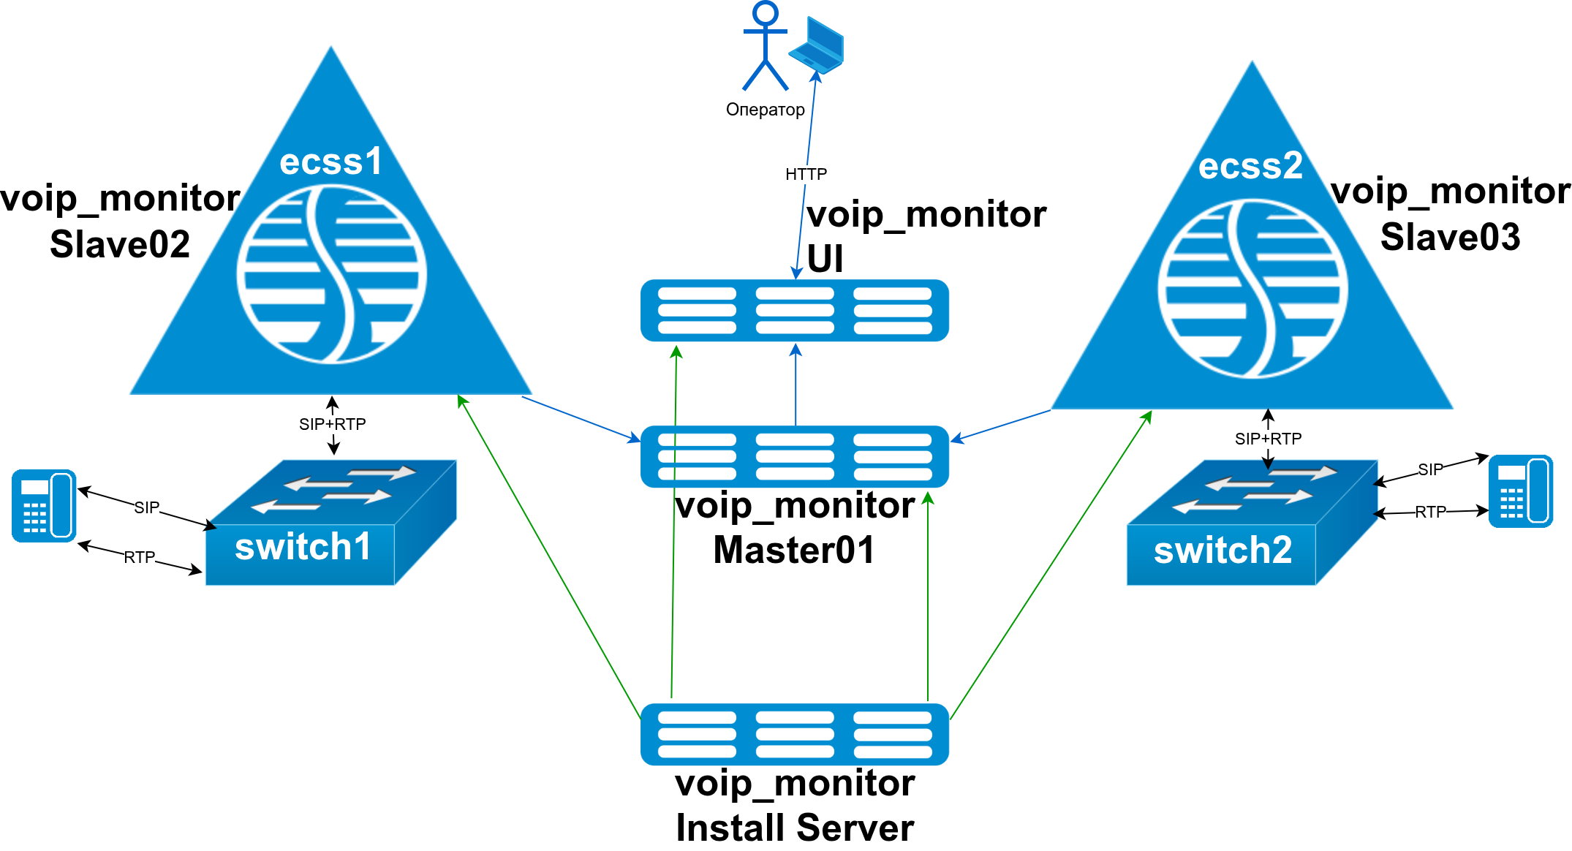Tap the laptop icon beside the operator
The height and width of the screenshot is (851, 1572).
pyautogui.click(x=817, y=45)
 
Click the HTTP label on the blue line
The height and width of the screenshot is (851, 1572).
pyautogui.click(x=806, y=174)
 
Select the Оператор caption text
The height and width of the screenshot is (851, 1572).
pyautogui.click(x=765, y=110)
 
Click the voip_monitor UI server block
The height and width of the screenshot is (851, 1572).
pyautogui.click(x=794, y=311)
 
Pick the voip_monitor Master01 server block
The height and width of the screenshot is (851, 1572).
pyautogui.click(x=794, y=456)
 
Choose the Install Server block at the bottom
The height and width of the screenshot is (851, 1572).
pyautogui.click(x=794, y=734)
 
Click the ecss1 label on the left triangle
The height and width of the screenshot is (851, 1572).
pyautogui.click(x=331, y=162)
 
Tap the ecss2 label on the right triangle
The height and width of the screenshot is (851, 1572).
pyautogui.click(x=1250, y=165)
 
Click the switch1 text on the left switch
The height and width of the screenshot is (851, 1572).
pyautogui.click(x=303, y=547)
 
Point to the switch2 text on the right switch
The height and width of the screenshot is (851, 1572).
pyautogui.click(x=1223, y=550)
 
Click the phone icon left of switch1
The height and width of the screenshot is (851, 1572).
pyautogui.click(x=44, y=505)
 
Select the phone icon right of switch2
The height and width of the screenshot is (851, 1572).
pyautogui.click(x=1520, y=491)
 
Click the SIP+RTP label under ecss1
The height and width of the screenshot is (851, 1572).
pyautogui.click(x=332, y=424)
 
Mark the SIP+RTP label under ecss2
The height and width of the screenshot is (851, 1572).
pyautogui.click(x=1268, y=439)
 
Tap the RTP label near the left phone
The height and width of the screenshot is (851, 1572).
pyautogui.click(x=139, y=558)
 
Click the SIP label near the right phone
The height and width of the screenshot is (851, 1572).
pyautogui.click(x=1430, y=469)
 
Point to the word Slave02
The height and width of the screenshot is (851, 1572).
pyautogui.click(x=120, y=244)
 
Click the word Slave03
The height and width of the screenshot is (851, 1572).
pyautogui.click(x=1450, y=238)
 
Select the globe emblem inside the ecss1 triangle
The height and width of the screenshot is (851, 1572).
pyautogui.click(x=331, y=274)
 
